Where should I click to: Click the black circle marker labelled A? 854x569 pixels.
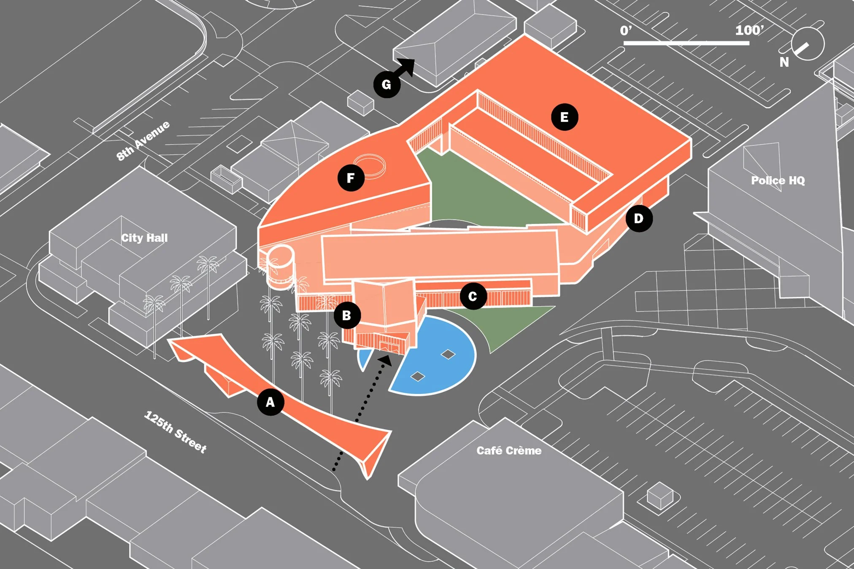click(x=270, y=402)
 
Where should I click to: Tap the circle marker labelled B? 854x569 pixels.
click(x=347, y=315)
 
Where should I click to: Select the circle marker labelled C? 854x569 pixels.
click(x=473, y=296)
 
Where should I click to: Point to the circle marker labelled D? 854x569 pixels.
click(x=639, y=218)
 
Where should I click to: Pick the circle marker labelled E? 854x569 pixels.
click(x=564, y=117)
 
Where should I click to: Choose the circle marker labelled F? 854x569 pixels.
click(x=351, y=178)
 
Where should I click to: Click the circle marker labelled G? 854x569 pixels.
click(x=386, y=84)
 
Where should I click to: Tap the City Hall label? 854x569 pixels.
click(x=144, y=238)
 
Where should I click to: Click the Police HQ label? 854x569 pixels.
click(x=778, y=181)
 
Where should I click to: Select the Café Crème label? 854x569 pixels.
click(x=509, y=450)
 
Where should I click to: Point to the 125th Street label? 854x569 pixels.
click(x=176, y=431)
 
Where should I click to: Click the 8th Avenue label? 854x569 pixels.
click(x=143, y=140)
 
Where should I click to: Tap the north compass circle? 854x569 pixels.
click(x=807, y=44)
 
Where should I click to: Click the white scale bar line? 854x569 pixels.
click(x=686, y=43)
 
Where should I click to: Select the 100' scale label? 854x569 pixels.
click(x=749, y=30)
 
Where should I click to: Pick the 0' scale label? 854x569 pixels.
click(x=626, y=30)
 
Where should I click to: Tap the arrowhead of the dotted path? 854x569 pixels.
click(x=386, y=360)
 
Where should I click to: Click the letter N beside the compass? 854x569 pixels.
click(x=784, y=62)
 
